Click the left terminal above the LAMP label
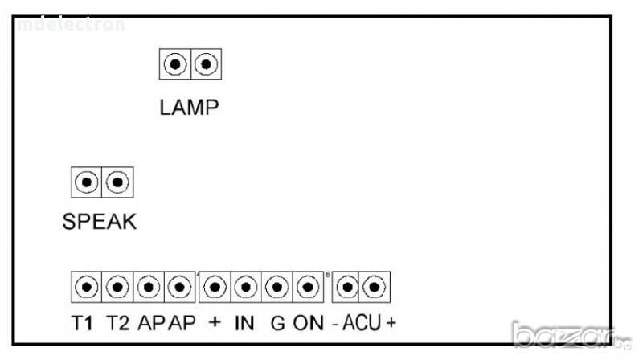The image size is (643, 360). point(175,63)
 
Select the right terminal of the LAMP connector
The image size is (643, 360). point(206,63)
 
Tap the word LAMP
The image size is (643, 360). point(189,108)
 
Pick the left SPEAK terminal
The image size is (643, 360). point(87,182)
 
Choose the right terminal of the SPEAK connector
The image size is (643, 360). point(118,182)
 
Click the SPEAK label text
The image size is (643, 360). point(100,223)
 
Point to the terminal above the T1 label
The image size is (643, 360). point(87,285)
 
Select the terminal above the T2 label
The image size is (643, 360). point(117,285)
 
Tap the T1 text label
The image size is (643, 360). point(83,324)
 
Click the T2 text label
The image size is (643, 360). point(117,324)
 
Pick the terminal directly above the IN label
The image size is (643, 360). point(245,285)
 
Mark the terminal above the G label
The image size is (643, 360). point(276,285)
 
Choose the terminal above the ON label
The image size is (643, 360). point(306,285)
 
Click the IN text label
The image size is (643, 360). point(244,324)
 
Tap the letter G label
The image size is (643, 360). point(278,324)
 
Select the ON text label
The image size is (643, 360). point(308,324)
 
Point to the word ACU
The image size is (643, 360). point(362,324)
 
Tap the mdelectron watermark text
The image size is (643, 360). point(72,24)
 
